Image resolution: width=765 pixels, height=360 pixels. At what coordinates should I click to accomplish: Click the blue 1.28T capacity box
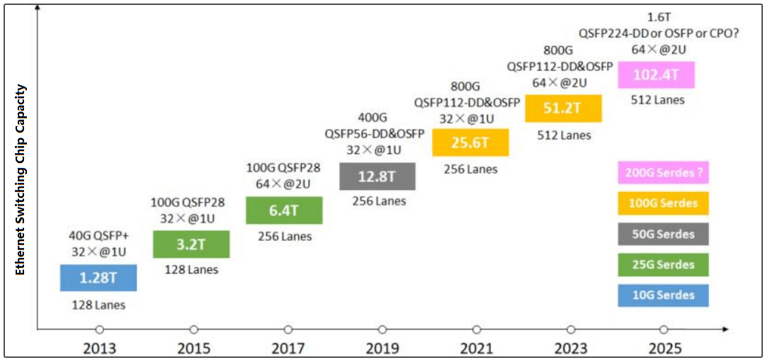pos(98,277)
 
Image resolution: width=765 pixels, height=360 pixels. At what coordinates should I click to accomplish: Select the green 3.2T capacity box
pos(191,244)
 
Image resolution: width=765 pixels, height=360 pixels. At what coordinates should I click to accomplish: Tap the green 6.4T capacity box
pos(284,210)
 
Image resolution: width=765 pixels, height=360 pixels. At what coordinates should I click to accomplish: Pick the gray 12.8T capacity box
pos(378,176)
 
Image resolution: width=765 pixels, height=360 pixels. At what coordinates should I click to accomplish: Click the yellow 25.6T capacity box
pos(470,142)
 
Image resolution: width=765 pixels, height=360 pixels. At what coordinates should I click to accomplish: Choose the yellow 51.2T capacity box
pos(563,108)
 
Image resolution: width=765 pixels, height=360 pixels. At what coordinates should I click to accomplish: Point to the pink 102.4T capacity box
pos(656,74)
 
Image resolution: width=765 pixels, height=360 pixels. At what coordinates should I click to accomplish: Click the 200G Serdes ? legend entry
pos(663,173)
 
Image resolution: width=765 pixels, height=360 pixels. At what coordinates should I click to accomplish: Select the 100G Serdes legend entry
pos(663,203)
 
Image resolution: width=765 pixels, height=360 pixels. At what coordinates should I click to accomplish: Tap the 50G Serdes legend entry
pos(663,234)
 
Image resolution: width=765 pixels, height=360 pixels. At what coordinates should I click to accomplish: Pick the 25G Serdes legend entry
pos(663,264)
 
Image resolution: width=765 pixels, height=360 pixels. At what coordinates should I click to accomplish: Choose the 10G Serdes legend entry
pos(663,295)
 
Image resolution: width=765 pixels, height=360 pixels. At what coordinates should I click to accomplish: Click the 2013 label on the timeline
pos(99,348)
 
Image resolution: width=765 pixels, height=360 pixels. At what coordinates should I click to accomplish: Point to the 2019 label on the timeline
pos(382,348)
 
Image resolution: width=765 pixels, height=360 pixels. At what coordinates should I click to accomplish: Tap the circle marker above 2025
pos(664,330)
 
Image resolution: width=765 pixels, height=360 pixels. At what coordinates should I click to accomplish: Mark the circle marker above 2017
pos(288,330)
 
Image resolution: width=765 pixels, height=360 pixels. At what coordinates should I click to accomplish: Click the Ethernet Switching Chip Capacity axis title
pos(21,180)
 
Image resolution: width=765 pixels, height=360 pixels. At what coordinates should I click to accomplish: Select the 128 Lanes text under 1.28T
pos(98,305)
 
